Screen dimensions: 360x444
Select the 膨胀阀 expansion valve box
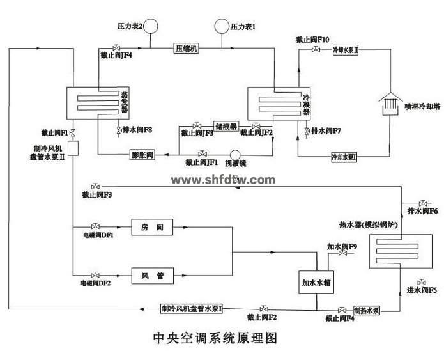point(142,154)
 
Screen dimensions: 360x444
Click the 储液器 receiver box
point(226,126)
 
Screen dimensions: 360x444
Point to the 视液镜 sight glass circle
point(234,154)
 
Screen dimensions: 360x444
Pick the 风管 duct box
point(152,276)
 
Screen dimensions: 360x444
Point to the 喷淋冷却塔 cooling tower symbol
point(390,103)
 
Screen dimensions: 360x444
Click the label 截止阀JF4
point(116,56)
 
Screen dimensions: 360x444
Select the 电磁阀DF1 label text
point(96,235)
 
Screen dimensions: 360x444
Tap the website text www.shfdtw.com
point(223,180)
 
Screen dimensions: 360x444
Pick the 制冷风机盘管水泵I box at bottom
point(192,309)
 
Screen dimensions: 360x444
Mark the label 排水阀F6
point(422,210)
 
